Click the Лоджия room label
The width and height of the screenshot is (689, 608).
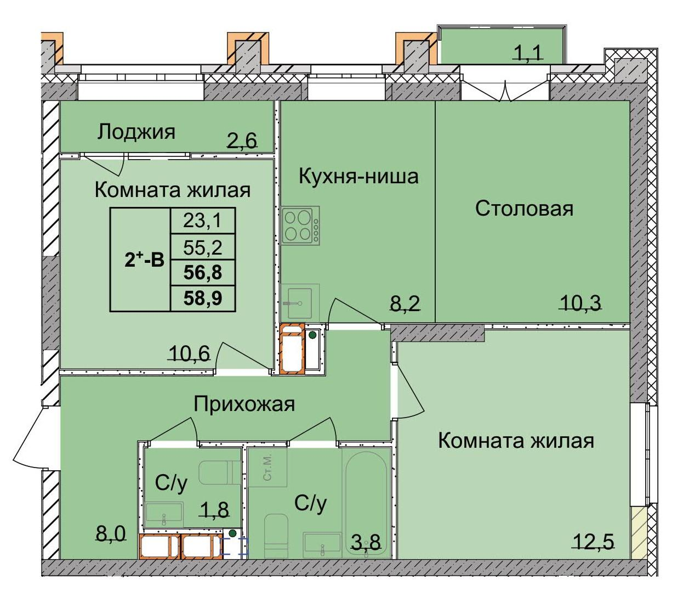(136, 132)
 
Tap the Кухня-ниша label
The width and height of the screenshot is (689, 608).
(358, 176)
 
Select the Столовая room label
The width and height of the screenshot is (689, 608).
(523, 209)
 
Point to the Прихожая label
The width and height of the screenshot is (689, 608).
(244, 404)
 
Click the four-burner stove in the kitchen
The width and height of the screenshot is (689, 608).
(300, 226)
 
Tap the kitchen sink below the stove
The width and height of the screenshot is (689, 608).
(299, 302)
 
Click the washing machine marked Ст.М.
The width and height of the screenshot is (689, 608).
(267, 468)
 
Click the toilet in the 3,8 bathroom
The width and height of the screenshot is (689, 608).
(276, 536)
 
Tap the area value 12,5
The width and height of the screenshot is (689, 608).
(593, 542)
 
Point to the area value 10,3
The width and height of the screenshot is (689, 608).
(580, 302)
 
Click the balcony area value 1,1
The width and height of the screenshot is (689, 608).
(527, 53)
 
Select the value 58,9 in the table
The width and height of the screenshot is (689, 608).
(202, 299)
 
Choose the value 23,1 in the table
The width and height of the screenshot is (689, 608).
(202, 221)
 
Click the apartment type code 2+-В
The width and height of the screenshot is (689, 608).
(144, 259)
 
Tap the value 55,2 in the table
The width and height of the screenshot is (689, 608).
(202, 247)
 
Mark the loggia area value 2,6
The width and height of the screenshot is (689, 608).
(242, 141)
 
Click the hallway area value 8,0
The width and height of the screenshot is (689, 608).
(111, 533)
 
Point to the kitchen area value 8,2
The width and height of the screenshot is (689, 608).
(405, 302)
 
